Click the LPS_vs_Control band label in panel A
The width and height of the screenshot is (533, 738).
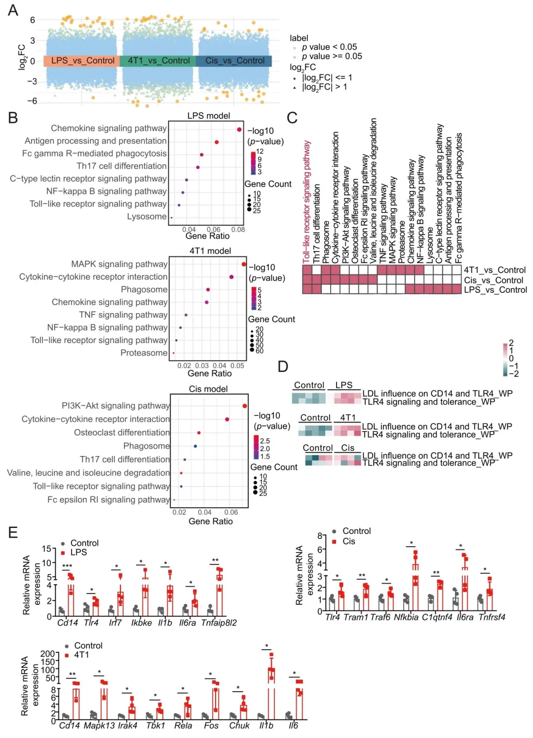click(x=83, y=61)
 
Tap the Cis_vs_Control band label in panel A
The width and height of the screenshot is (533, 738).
click(x=235, y=61)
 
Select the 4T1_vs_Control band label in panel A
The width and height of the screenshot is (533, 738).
click(x=158, y=61)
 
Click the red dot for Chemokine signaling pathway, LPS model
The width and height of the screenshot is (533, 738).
click(x=239, y=130)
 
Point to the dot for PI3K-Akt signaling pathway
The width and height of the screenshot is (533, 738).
click(x=245, y=406)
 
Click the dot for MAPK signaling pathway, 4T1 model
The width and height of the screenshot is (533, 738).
click(x=244, y=265)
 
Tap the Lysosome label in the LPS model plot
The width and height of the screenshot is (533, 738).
click(x=147, y=216)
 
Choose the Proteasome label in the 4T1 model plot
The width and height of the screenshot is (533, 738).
click(x=144, y=353)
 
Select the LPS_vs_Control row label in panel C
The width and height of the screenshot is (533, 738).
click(x=495, y=290)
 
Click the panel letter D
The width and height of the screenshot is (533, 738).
click(x=283, y=366)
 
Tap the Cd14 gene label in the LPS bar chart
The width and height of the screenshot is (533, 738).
click(x=68, y=623)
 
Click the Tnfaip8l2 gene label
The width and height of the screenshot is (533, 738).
click(x=219, y=623)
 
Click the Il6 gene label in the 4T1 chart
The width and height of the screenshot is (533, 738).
click(x=293, y=726)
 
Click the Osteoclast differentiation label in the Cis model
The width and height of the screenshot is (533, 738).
click(x=122, y=433)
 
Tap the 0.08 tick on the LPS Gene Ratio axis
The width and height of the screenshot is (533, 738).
click(x=238, y=230)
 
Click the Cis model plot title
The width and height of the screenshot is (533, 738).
click(x=208, y=389)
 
